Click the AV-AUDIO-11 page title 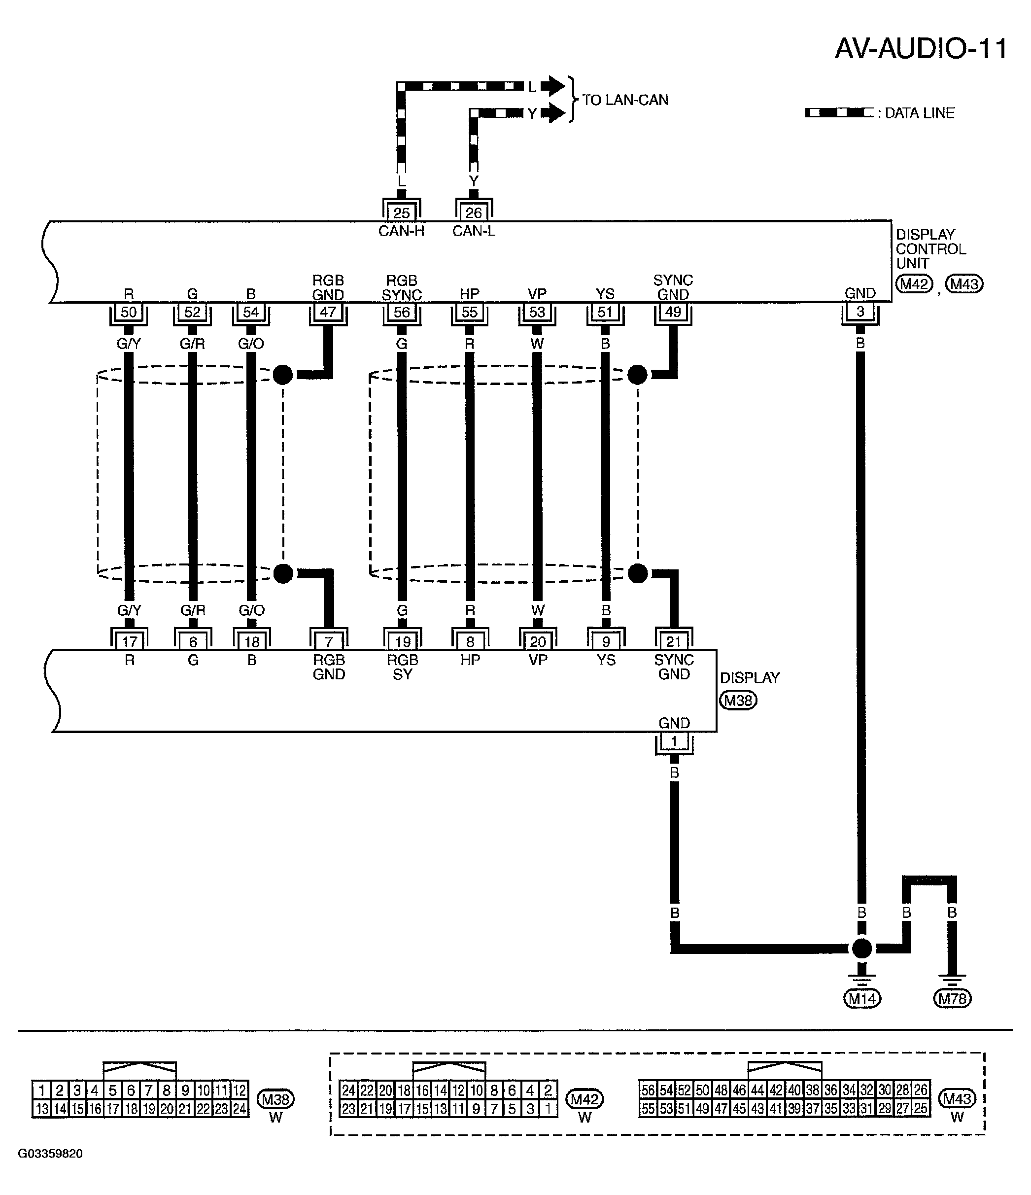[x=921, y=49]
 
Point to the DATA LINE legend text [x=920, y=113]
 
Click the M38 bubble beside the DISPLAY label [x=738, y=701]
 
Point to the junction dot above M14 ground [x=862, y=948]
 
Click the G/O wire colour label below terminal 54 [x=251, y=344]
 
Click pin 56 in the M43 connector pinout [x=649, y=1090]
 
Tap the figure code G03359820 [x=51, y=1154]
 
